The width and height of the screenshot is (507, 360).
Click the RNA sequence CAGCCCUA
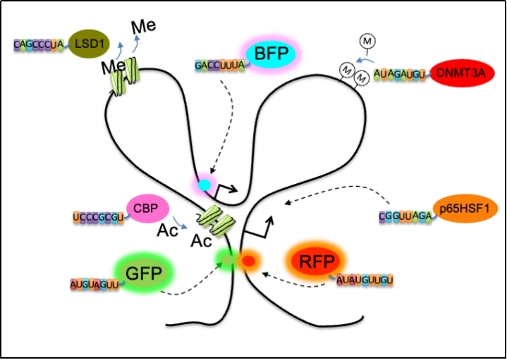coord(39,45)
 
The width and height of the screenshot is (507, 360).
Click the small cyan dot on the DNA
coord(204,185)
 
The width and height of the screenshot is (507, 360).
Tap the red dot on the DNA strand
coord(248,262)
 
